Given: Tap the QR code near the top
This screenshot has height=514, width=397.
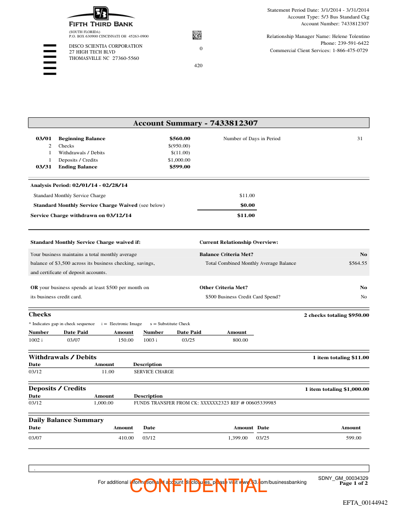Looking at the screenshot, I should (x=197, y=35).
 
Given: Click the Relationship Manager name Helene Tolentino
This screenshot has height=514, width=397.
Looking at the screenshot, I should (x=351, y=37).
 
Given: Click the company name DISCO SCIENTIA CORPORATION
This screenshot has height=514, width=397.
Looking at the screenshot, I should (x=106, y=46).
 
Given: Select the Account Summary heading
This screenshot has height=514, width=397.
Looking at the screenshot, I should (x=196, y=123).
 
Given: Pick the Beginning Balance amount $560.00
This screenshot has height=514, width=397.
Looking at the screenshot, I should (x=180, y=139).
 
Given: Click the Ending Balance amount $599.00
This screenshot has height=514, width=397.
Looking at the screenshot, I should (x=180, y=167).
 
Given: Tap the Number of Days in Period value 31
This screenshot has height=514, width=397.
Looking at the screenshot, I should (x=360, y=139).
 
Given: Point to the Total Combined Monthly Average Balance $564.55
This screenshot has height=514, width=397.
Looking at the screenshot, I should (x=358, y=263).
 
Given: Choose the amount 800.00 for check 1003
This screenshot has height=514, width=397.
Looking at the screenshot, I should (x=240, y=340).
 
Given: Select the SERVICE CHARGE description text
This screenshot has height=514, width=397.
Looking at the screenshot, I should (x=154, y=372).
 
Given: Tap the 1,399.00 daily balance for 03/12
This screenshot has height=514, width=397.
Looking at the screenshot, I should (x=238, y=438).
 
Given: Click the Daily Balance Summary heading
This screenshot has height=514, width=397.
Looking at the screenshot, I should (x=66, y=420).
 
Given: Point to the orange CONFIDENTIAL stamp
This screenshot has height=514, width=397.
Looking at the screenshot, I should (x=198, y=485).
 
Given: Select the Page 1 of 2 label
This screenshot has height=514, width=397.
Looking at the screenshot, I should (x=354, y=483).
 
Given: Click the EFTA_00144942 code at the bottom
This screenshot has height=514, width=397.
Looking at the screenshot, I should (x=365, y=502).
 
